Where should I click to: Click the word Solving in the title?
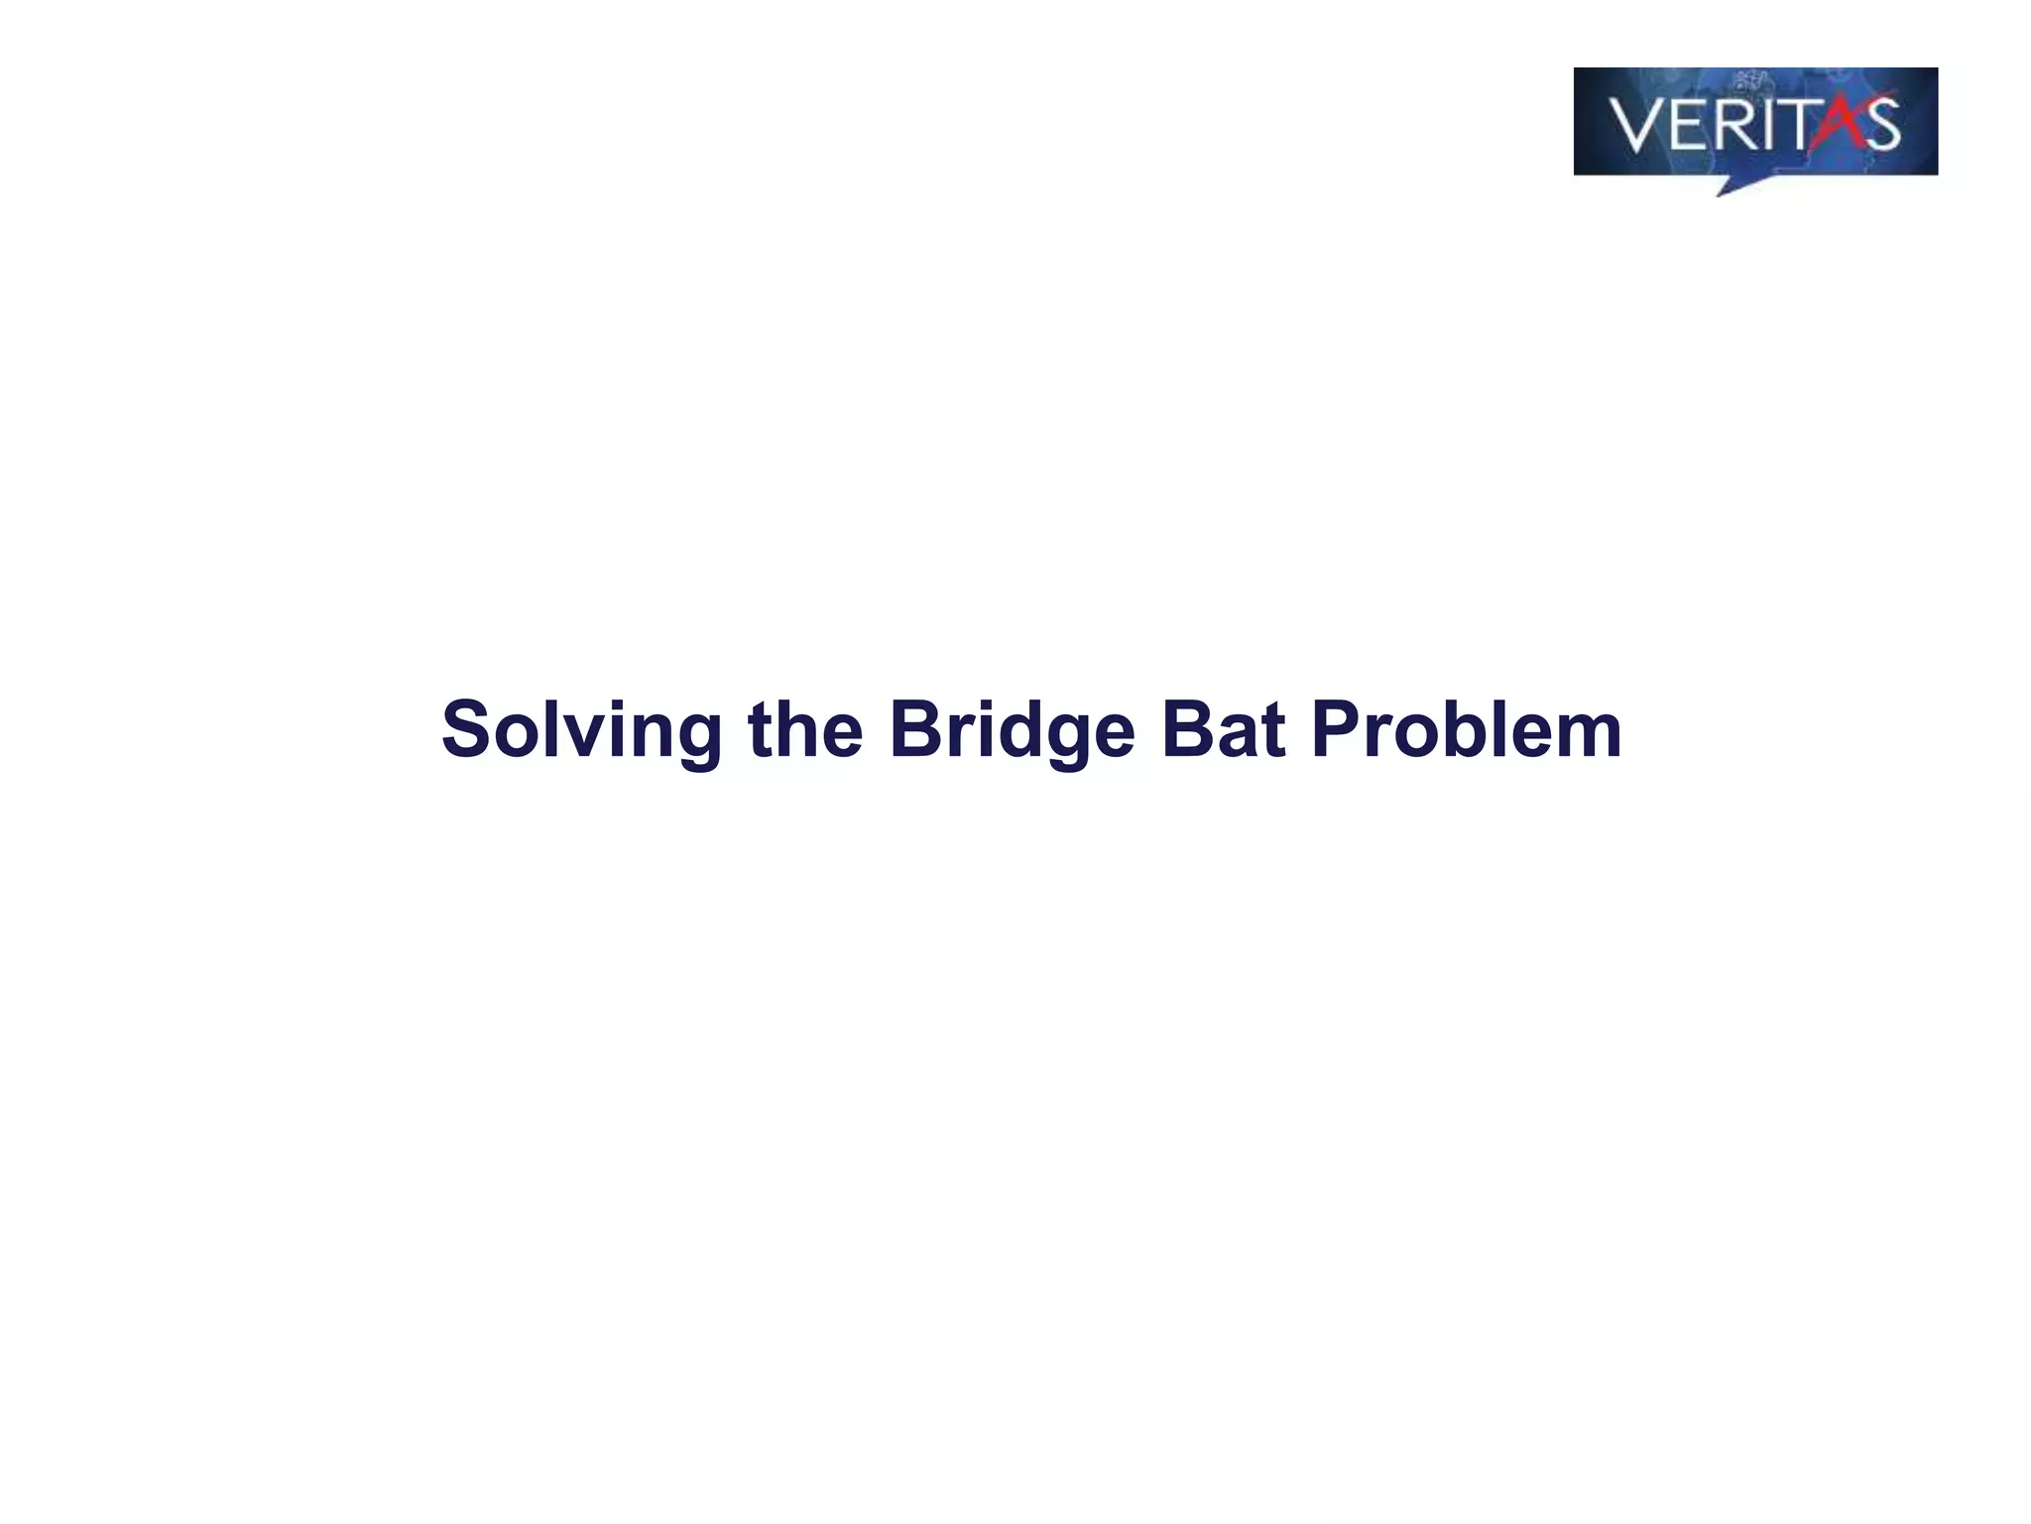click(581, 731)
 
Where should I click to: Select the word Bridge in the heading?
click(1012, 731)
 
